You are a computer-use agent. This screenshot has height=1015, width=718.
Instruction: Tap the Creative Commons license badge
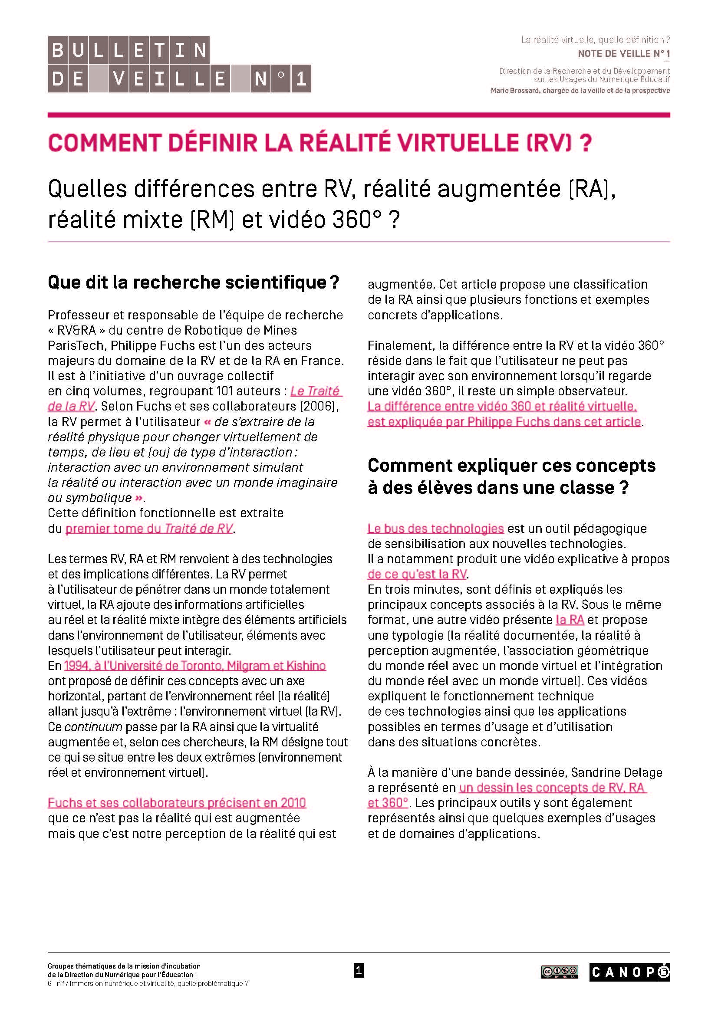(559, 972)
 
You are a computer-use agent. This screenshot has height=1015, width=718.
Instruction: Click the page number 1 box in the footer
(359, 971)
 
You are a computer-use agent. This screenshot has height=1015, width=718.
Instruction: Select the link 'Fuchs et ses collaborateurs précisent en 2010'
(177, 803)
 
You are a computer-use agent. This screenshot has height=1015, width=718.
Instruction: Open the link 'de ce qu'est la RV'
(417, 574)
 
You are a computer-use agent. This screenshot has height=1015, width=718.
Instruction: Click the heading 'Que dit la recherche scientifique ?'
(193, 282)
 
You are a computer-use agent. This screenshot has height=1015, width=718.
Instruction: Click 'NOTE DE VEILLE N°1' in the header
(623, 54)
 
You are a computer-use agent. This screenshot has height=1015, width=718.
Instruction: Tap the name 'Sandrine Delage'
(617, 772)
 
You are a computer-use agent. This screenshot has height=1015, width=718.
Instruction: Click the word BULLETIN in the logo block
(128, 49)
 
